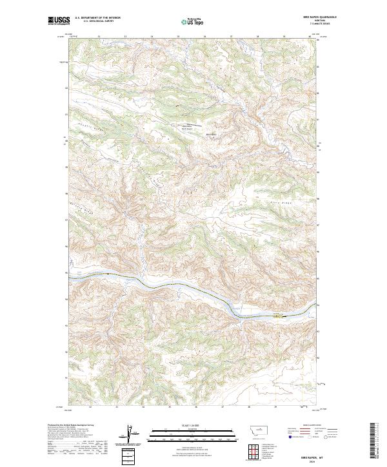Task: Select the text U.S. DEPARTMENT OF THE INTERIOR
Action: [97, 19]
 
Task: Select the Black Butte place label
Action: [210, 134]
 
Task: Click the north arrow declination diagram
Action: [128, 435]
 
